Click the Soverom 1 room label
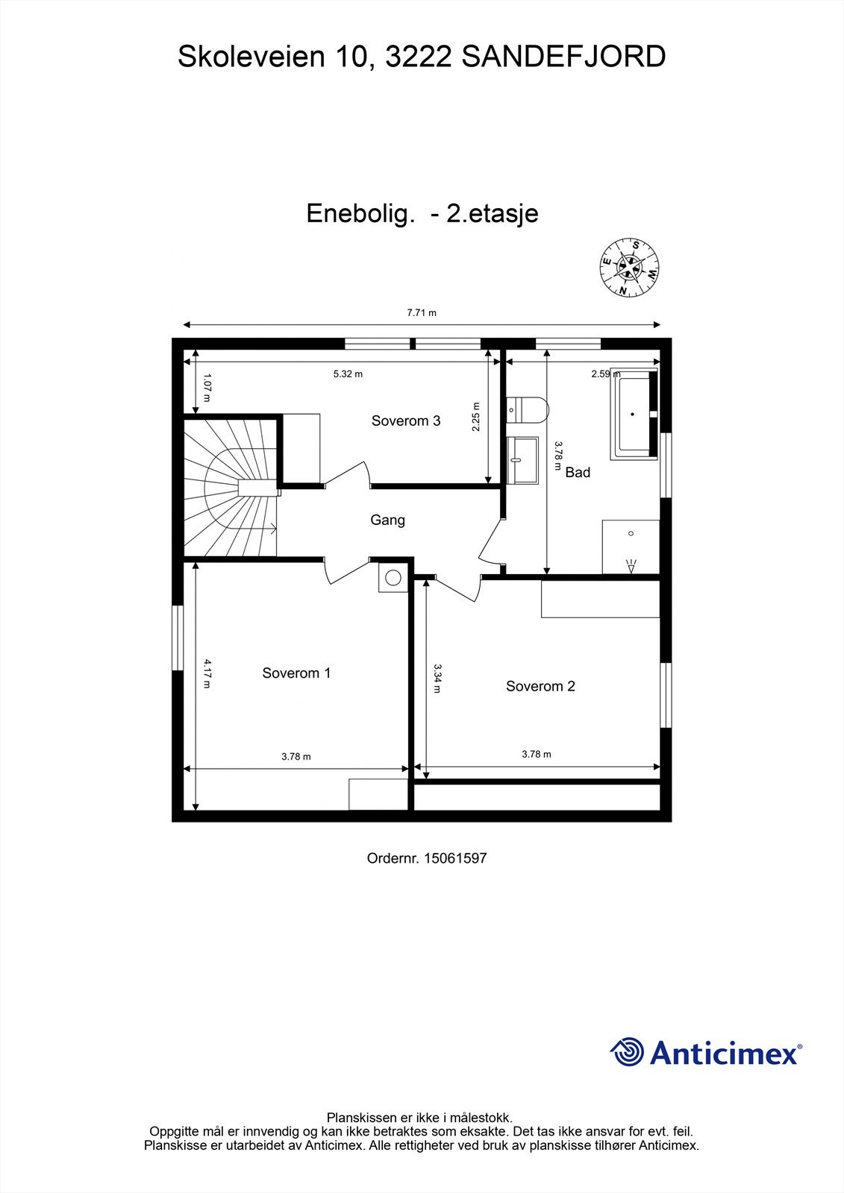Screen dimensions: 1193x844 click(296, 673)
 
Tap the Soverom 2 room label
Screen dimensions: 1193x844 click(540, 686)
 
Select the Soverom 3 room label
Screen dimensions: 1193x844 click(406, 421)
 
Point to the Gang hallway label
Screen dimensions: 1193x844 click(388, 520)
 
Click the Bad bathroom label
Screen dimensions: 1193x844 click(578, 472)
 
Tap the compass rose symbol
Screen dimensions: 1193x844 click(630, 268)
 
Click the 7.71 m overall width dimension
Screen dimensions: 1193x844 click(422, 313)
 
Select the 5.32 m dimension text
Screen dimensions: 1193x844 click(348, 374)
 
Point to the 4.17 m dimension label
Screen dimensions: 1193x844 click(207, 673)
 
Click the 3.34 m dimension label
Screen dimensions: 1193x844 click(437, 679)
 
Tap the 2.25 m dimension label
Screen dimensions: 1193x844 click(477, 418)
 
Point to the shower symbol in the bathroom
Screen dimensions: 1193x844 click(631, 547)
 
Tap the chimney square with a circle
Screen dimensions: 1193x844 click(393, 576)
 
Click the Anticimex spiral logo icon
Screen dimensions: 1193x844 click(628, 1052)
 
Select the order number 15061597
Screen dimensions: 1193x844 click(454, 858)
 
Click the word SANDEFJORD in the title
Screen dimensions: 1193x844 click(564, 57)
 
